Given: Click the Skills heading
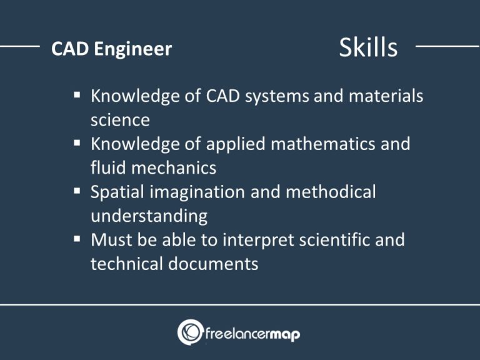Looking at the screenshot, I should [x=367, y=47].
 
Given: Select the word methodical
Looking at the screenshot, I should [x=331, y=192].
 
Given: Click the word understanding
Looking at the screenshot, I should [x=149, y=216].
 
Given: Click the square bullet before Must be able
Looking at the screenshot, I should [x=76, y=239].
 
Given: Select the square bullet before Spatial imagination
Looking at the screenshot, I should [x=76, y=191].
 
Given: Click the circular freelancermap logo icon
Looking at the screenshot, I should [x=190, y=332].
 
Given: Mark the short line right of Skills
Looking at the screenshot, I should [x=447, y=46].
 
